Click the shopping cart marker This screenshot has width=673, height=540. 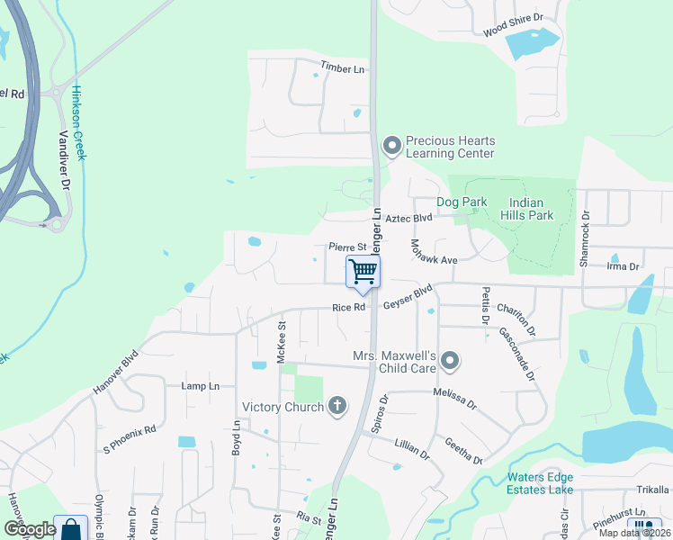tap(363, 272)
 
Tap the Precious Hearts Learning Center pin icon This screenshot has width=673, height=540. tap(391, 145)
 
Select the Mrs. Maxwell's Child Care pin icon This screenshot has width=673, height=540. tap(451, 362)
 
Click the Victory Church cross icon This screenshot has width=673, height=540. tap(337, 407)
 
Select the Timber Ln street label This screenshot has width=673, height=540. tap(343, 68)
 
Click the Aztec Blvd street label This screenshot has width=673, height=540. tap(409, 218)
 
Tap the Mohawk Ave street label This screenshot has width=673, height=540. tap(434, 252)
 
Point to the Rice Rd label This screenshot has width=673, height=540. tap(348, 307)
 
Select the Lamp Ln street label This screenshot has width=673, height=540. tap(200, 386)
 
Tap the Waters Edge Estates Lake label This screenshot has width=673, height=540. tap(552, 483)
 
